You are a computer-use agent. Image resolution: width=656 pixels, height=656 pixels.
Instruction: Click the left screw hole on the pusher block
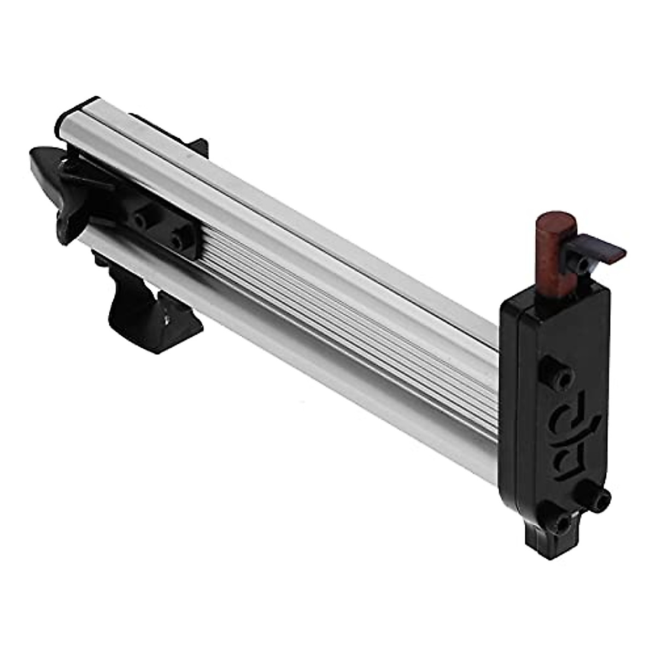[x=140, y=221]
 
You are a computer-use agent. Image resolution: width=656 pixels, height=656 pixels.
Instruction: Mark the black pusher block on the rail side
[x=159, y=230]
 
